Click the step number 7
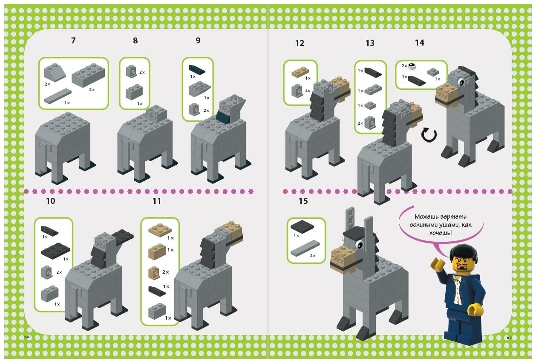(73, 41)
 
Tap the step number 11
(157, 201)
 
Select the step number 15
(303, 201)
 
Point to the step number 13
(370, 43)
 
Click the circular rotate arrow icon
(429, 135)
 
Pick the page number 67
(509, 338)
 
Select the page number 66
(27, 337)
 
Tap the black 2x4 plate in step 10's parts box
(55, 250)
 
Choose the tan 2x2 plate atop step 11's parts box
(160, 230)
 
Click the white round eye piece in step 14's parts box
(412, 66)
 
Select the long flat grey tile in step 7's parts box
(57, 96)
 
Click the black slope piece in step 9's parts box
(197, 69)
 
